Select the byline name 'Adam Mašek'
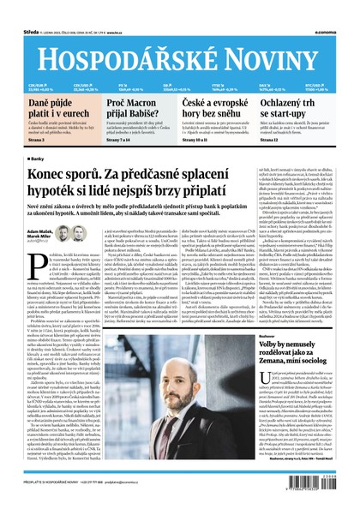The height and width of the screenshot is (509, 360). tap(40, 232)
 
